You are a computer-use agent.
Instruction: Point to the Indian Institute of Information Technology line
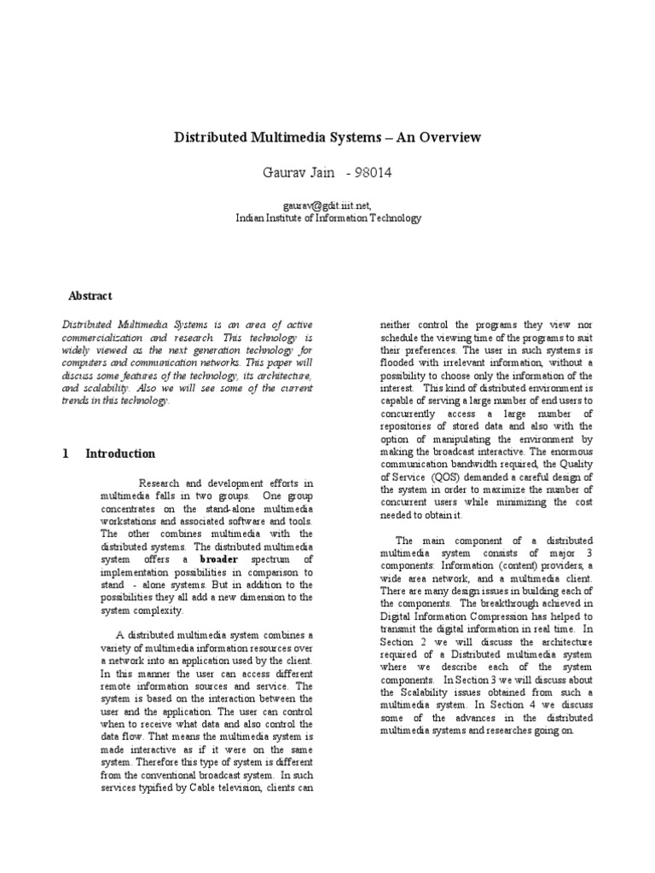pyautogui.click(x=327, y=218)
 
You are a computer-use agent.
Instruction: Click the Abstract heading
pyautogui.click(x=90, y=296)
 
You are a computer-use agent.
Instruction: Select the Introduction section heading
pyautogui.click(x=120, y=454)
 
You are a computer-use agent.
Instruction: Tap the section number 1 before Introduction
pyautogui.click(x=65, y=454)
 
